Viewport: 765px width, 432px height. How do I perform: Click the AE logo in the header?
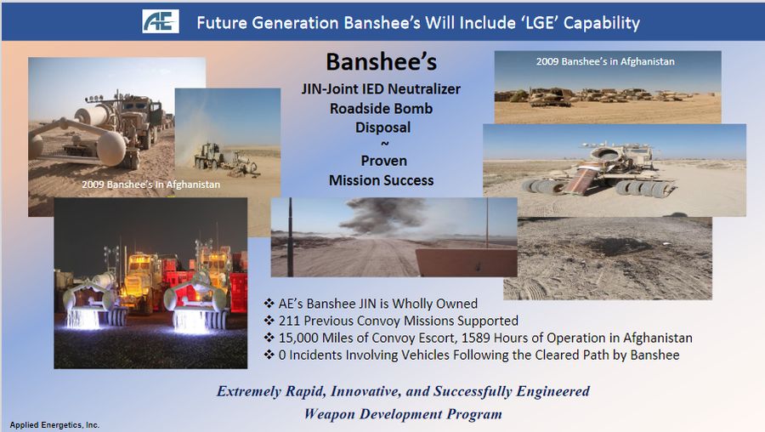pos(160,21)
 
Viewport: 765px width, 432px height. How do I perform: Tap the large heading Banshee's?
pos(382,62)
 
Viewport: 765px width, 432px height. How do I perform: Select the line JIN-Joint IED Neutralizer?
pos(381,88)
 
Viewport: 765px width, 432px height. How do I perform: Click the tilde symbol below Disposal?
pos(384,144)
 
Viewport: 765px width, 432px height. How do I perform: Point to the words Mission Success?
pos(382,180)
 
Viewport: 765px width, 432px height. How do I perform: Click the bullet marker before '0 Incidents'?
pos(269,355)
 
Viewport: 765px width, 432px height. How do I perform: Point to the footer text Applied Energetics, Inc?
pos(54,424)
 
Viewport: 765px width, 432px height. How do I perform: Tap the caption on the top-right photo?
pos(605,61)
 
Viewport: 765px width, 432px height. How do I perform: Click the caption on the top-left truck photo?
pos(150,185)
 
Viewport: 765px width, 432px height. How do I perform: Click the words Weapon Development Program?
pos(403,414)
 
